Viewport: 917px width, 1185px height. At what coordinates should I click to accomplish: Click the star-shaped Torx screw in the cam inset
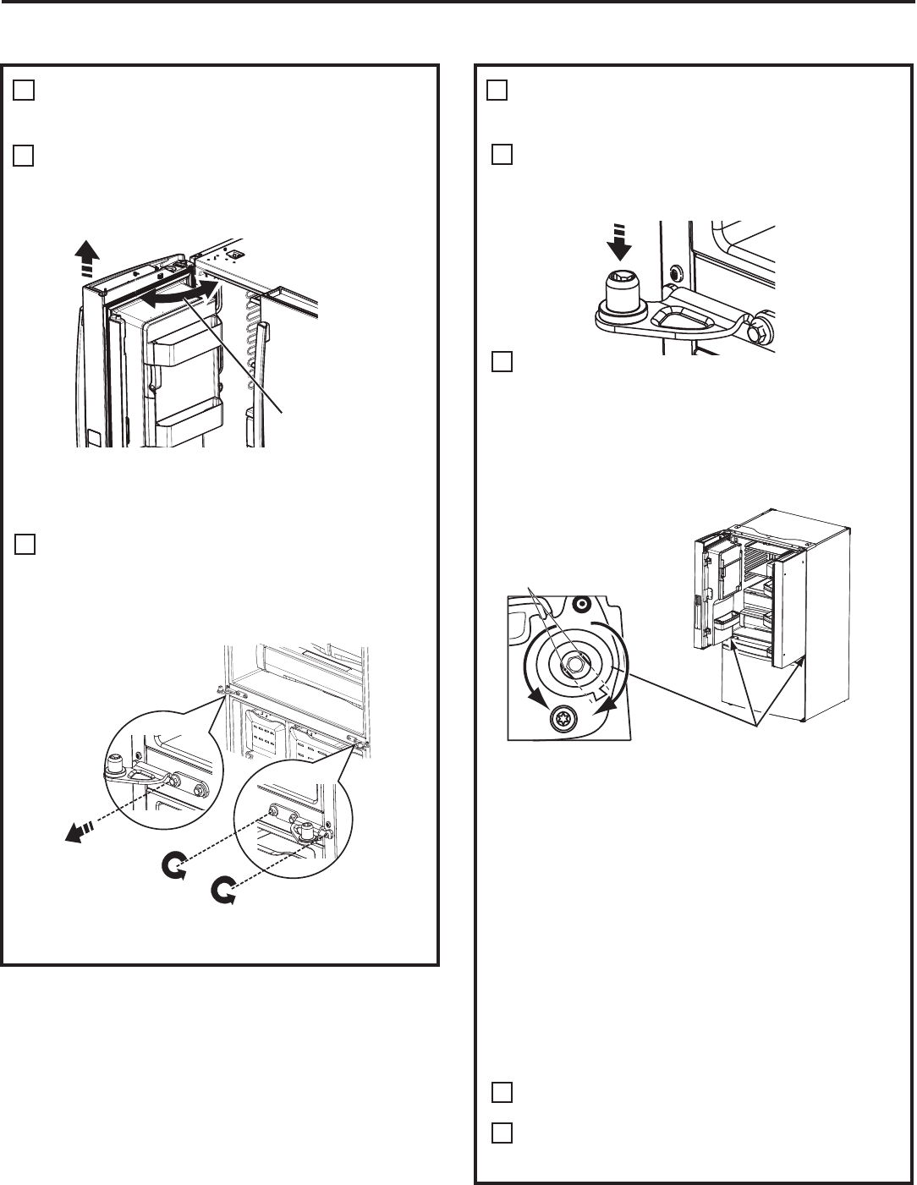click(559, 719)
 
